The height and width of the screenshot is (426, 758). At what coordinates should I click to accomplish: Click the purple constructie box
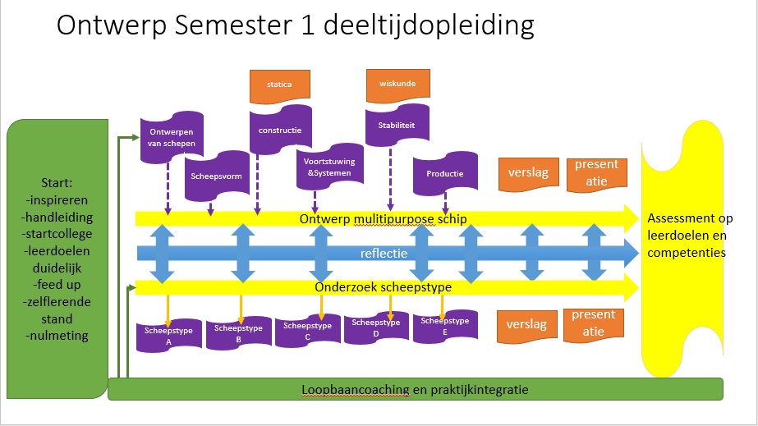pyautogui.click(x=280, y=130)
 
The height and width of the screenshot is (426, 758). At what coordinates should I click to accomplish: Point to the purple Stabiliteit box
pyautogui.click(x=397, y=128)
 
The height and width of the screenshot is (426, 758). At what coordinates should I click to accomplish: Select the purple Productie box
pyautogui.click(x=444, y=173)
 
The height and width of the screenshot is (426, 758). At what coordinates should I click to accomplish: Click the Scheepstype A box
pyautogui.click(x=168, y=334)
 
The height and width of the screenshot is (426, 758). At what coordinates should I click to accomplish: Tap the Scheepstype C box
pyautogui.click(x=307, y=330)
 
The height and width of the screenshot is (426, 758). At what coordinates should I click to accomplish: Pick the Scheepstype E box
pyautogui.click(x=444, y=325)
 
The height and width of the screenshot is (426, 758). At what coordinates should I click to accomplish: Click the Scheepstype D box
pyautogui.click(x=375, y=328)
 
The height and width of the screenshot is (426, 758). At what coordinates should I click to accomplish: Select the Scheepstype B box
pyautogui.click(x=238, y=332)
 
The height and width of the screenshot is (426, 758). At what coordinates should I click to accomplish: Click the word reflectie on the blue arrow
pyautogui.click(x=384, y=254)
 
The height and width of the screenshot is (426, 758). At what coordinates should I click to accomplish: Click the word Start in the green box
pyautogui.click(x=57, y=181)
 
